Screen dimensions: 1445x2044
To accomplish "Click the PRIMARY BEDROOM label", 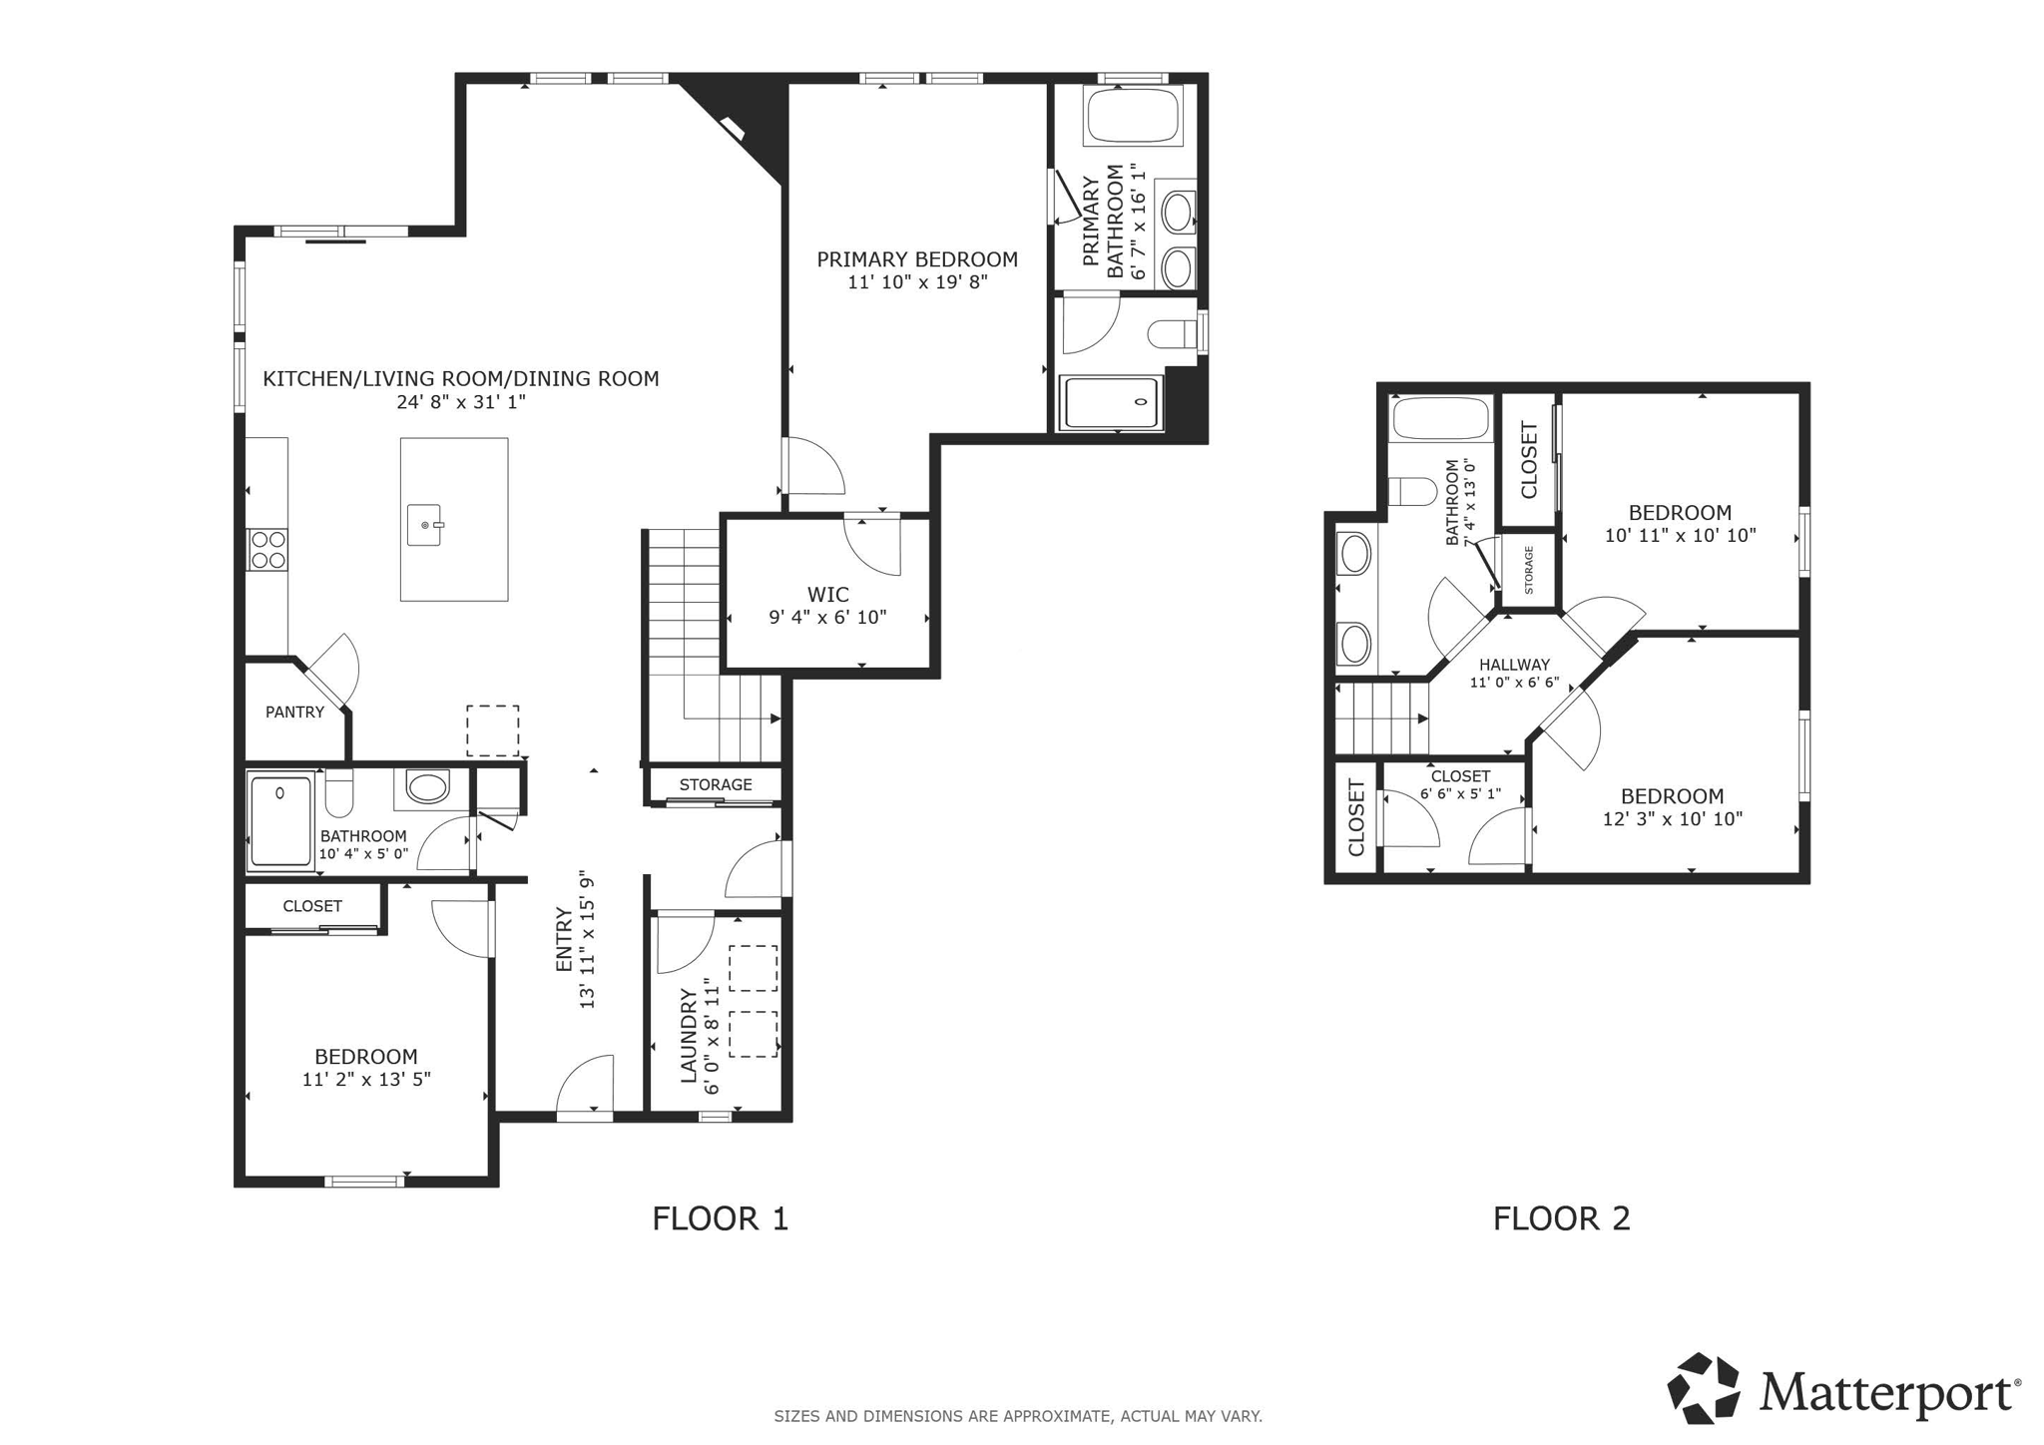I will pos(916,259).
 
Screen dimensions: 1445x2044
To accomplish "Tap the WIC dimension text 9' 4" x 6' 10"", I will pos(827,618).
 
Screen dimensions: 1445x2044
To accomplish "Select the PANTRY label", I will pos(294,712).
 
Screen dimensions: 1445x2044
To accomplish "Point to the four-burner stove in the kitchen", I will pos(267,549).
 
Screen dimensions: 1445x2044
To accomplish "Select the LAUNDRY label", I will pos(687,1035).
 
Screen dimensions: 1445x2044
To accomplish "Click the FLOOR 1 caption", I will pos(720,1218).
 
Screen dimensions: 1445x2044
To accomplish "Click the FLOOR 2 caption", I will pos(1561,1218).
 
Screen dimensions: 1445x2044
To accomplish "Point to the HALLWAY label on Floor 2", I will pos(1514,665).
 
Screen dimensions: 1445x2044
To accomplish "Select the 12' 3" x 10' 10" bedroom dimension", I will pos(1672,819).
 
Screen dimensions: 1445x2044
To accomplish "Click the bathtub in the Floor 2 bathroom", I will pos(1440,418).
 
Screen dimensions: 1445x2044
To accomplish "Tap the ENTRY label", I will pos(564,940).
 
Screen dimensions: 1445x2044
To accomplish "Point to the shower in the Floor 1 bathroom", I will pos(280,820).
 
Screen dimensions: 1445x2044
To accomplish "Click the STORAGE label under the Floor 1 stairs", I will pos(716,784).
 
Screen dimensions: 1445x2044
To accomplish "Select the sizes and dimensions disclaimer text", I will pos(1017,1416).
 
